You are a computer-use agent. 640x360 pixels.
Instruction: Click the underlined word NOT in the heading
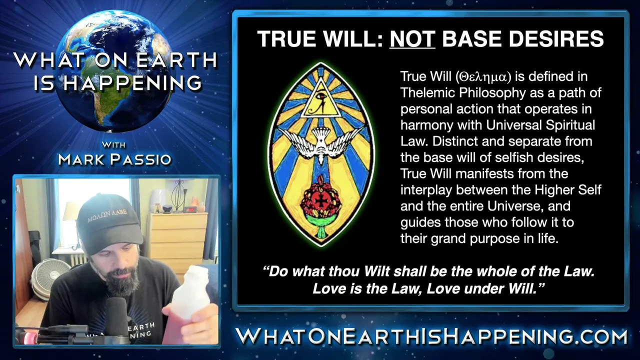[412, 39]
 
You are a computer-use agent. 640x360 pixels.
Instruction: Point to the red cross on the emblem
[321, 201]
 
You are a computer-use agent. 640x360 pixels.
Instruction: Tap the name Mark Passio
[114, 159]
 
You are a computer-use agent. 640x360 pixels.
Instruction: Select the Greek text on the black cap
[107, 215]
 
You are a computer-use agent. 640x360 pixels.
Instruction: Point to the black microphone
[116, 317]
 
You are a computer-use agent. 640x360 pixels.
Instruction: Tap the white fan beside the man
[50, 278]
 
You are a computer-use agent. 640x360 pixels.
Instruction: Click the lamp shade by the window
[69, 211]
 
